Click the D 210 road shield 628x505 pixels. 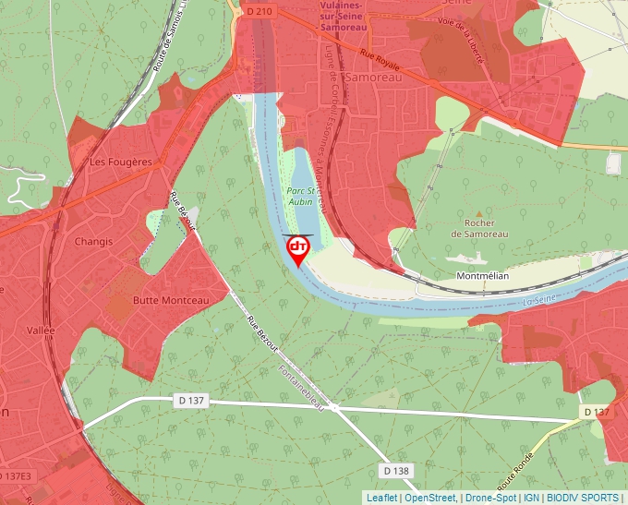[x=260, y=10]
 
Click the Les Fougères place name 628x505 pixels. [x=120, y=162]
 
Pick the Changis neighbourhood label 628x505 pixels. [x=95, y=242]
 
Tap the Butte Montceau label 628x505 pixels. [x=171, y=300]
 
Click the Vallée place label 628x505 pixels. [x=41, y=331]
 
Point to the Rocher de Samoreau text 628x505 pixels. [x=479, y=228]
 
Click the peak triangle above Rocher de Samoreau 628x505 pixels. [x=478, y=213]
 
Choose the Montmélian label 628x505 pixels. [x=484, y=276]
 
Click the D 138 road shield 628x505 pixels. [x=394, y=471]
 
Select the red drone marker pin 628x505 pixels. [x=298, y=250]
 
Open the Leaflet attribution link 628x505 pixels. [x=380, y=498]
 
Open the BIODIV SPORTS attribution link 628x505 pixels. [x=584, y=498]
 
